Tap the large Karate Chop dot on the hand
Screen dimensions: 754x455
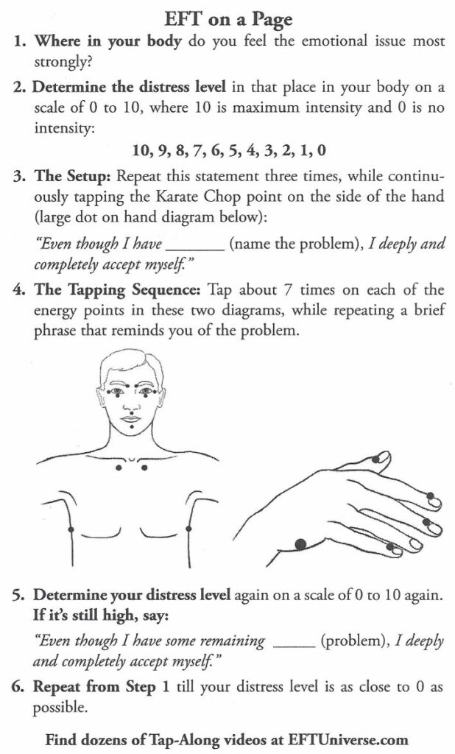click(x=300, y=545)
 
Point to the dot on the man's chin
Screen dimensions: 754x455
click(x=130, y=422)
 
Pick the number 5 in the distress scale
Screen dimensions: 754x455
click(x=239, y=151)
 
